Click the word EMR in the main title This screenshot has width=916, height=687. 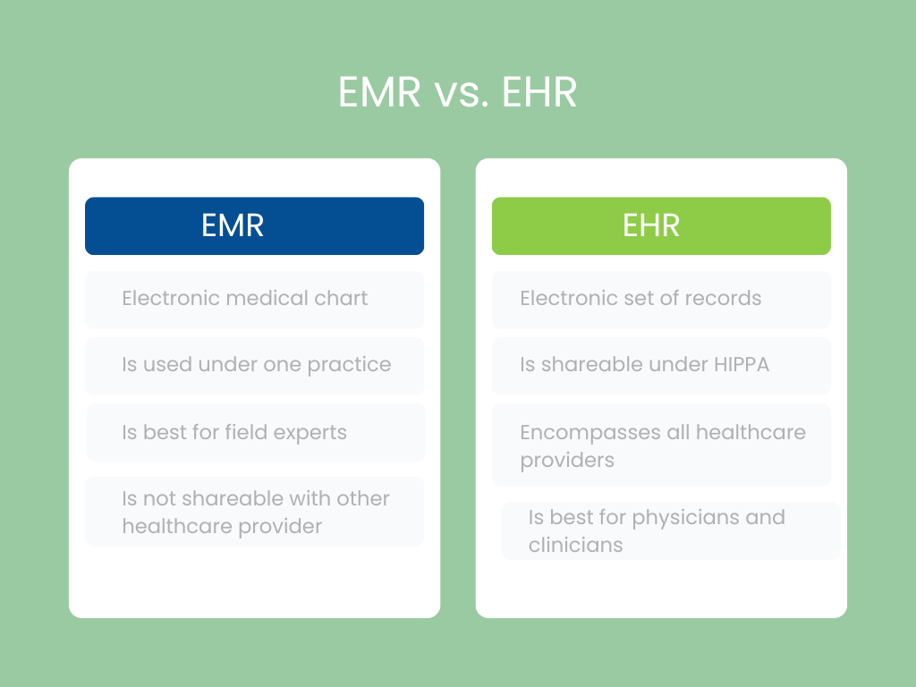coord(379,92)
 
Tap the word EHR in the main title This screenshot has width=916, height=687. coord(539,92)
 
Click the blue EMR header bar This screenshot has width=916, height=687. coord(254,226)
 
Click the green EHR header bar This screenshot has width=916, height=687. coord(661,226)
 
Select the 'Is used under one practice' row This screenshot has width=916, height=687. coord(254,365)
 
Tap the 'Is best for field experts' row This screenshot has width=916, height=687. coord(256,432)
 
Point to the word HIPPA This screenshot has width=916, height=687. coord(742,365)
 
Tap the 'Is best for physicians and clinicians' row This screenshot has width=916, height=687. coord(671,530)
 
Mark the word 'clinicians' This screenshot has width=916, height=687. coord(575,545)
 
